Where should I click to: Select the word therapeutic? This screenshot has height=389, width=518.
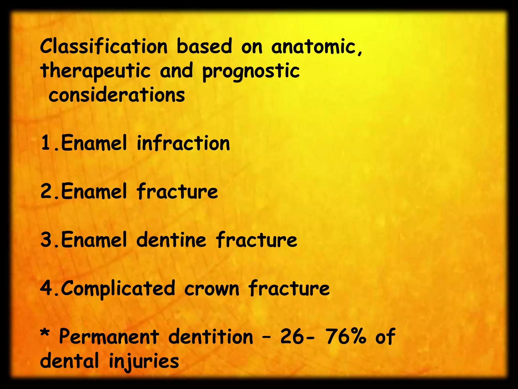pyautogui.click(x=95, y=71)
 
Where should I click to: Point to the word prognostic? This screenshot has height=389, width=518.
pyautogui.click(x=251, y=71)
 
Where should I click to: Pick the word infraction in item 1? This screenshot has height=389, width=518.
pyautogui.click(x=183, y=143)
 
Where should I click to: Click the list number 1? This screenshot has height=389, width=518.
pyautogui.click(x=46, y=143)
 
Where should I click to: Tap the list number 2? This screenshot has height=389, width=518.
pyautogui.click(x=46, y=191)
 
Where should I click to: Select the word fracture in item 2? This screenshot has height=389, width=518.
pyautogui.click(x=177, y=191)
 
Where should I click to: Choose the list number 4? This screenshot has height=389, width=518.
pyautogui.click(x=46, y=288)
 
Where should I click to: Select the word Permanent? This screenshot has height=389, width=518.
pyautogui.click(x=109, y=337)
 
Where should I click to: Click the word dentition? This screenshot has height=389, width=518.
pyautogui.click(x=211, y=337)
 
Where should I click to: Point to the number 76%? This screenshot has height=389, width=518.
pyautogui.click(x=346, y=337)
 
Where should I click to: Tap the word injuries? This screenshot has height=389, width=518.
pyautogui.click(x=144, y=361)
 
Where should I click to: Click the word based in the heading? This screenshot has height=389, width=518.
pyautogui.click(x=204, y=46)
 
